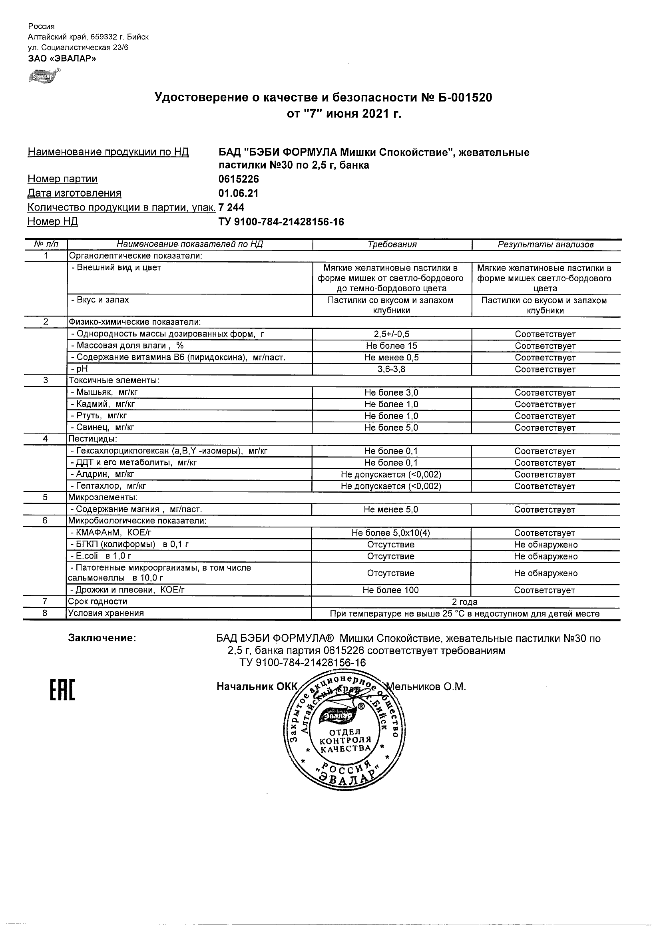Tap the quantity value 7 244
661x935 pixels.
pos(231,207)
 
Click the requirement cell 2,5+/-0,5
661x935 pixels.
pos(391,334)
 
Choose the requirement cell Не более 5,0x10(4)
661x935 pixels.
pos(391,533)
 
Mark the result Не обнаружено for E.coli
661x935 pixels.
pos(546,556)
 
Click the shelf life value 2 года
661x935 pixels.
pos(465,601)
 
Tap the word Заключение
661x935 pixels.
pos(102,638)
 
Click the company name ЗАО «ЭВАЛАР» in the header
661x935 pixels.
pos(62,58)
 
